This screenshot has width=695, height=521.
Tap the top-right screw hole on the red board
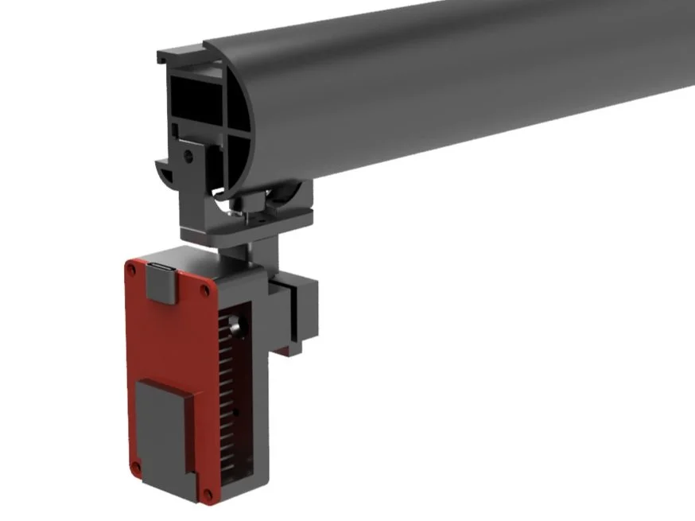tap(206, 291)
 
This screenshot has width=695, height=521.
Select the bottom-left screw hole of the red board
tap(136, 465)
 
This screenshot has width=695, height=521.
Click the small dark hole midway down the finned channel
tap(236, 414)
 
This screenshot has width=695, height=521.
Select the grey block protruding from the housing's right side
tap(299, 310)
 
